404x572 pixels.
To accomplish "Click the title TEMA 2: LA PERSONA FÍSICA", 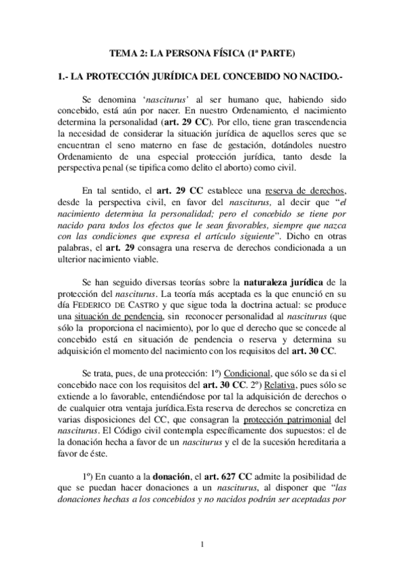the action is [x=202, y=53].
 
